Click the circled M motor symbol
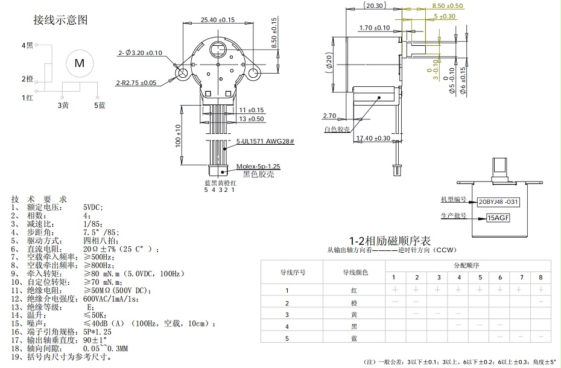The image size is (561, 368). (x=79, y=63)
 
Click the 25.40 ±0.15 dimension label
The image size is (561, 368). (x=217, y=20)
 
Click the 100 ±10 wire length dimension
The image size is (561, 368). (x=178, y=135)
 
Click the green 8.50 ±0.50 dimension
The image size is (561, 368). (x=447, y=5)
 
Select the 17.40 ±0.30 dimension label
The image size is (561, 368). (x=373, y=139)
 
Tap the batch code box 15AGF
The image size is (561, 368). (x=498, y=218)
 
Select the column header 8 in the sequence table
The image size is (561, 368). (x=540, y=278)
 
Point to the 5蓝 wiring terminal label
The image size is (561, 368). (x=100, y=106)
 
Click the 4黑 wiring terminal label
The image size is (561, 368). (x=27, y=45)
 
